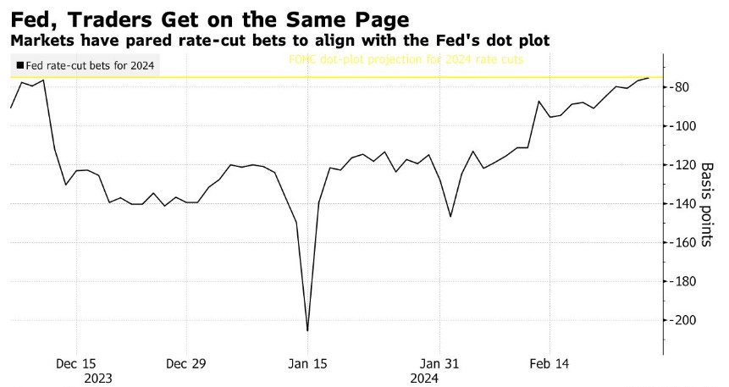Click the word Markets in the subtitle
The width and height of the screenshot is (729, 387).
[37, 40]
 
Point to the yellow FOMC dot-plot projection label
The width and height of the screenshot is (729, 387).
[406, 60]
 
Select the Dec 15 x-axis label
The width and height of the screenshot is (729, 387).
[77, 363]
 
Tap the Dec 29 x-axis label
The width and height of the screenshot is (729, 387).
[186, 363]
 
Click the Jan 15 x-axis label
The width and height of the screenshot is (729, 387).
[308, 363]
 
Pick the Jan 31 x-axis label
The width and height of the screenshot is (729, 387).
[440, 363]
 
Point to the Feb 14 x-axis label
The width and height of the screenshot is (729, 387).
[549, 363]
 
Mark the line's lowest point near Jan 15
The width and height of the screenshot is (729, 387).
[307, 330]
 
